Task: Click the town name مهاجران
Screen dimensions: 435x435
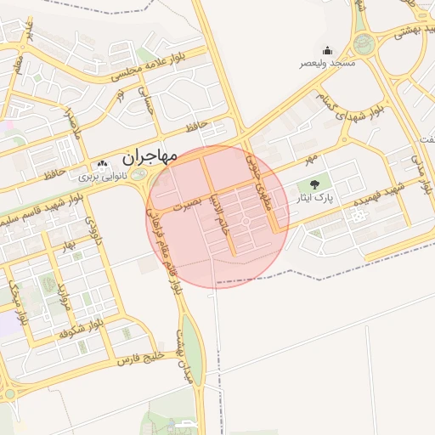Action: (149, 157)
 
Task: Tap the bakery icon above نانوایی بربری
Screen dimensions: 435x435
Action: (103, 164)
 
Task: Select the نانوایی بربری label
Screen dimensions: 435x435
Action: (103, 178)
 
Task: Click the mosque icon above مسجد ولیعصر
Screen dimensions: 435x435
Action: (327, 50)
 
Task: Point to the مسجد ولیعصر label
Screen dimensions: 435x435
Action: (327, 64)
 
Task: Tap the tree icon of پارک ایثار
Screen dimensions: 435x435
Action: (315, 184)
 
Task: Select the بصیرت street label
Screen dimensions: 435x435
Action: (188, 205)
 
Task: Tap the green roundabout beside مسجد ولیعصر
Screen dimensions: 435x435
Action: (364, 44)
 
